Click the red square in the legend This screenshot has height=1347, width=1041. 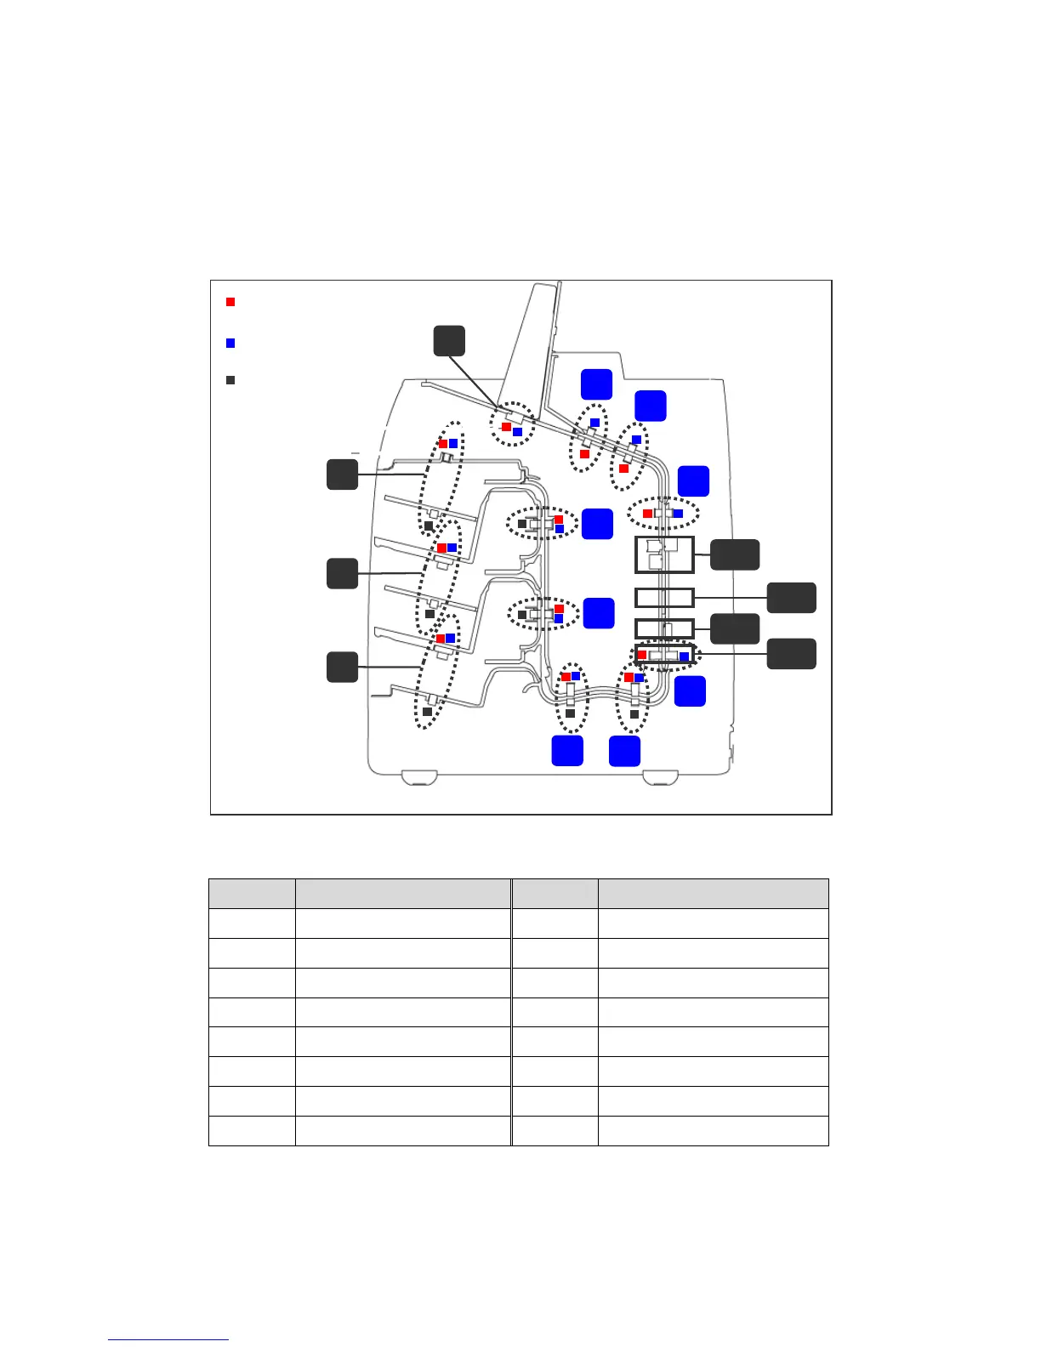click(x=230, y=302)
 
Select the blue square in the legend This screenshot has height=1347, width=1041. click(x=230, y=343)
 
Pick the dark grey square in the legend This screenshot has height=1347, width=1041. click(x=230, y=380)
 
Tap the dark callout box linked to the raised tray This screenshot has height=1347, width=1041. click(x=449, y=340)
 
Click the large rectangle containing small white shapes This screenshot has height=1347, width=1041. click(x=665, y=554)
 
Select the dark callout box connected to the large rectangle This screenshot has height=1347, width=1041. click(x=735, y=554)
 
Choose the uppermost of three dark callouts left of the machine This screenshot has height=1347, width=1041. click(x=342, y=475)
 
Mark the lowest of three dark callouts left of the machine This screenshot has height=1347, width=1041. click(x=342, y=667)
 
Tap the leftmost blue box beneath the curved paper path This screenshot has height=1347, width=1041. click(x=567, y=751)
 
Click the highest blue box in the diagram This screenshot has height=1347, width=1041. click(x=596, y=384)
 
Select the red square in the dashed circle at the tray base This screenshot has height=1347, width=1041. click(x=506, y=427)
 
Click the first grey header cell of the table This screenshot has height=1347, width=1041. click(x=252, y=894)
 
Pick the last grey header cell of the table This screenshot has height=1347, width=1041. click(x=713, y=894)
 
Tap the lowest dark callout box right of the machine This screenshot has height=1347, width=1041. click(x=792, y=654)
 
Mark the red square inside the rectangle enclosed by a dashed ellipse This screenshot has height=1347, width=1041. click(x=642, y=655)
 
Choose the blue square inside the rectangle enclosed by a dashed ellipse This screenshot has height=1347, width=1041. click(x=684, y=656)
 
